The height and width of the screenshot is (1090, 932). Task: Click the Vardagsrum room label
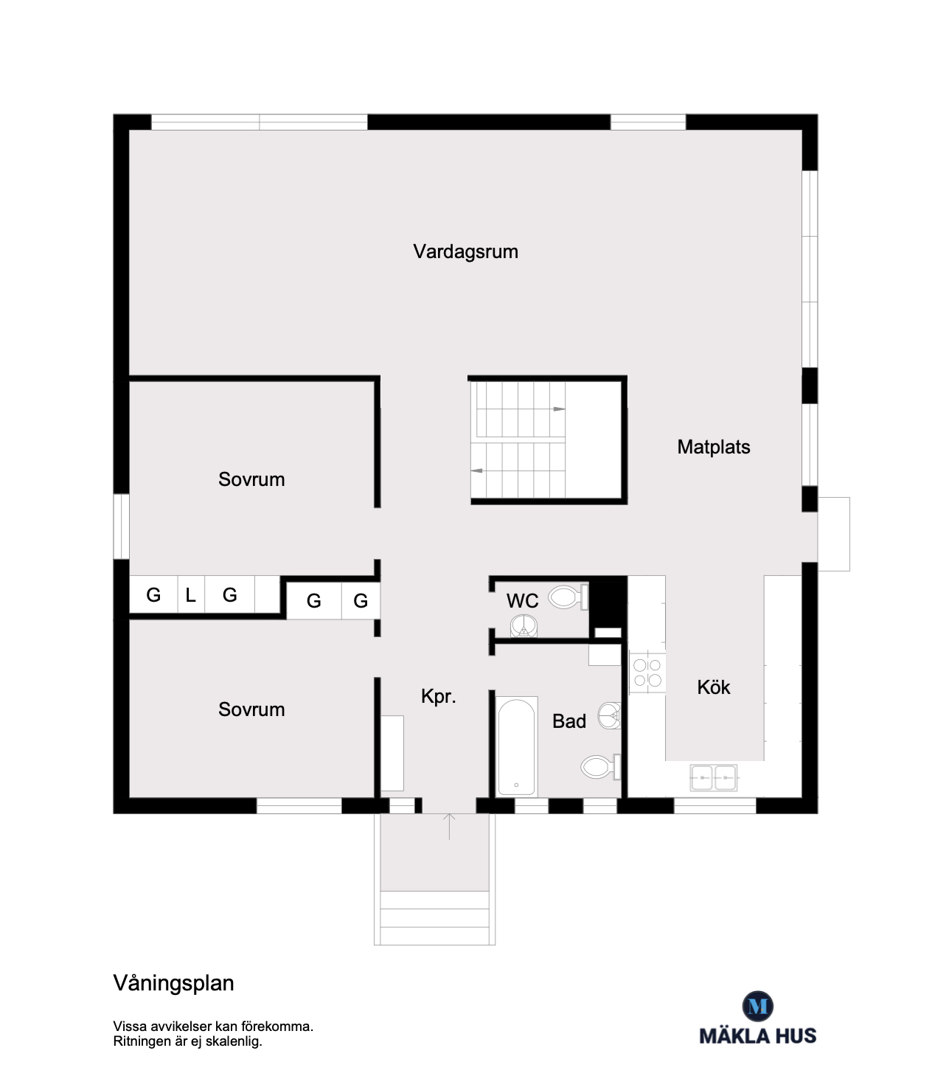(x=465, y=252)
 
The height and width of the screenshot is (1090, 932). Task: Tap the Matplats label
(x=713, y=447)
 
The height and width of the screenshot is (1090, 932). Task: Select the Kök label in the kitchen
(x=713, y=687)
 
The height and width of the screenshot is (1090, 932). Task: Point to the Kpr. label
(x=438, y=697)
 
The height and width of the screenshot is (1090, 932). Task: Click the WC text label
(x=522, y=600)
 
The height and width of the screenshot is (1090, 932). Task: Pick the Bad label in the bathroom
(x=568, y=721)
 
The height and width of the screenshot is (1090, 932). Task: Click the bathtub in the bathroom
(x=517, y=747)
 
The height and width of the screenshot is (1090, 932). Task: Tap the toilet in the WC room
(x=568, y=597)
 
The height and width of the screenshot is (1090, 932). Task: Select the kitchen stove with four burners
(x=647, y=673)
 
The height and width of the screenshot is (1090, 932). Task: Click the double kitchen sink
(x=713, y=777)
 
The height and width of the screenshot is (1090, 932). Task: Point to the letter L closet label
(x=190, y=595)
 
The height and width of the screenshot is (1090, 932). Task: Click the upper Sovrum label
(x=251, y=479)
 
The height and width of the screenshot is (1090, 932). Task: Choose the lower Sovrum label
(x=251, y=709)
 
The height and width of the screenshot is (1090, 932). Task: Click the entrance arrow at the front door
(x=448, y=826)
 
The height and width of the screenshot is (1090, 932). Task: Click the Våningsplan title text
(x=173, y=984)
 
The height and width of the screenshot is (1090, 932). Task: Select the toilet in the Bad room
(x=600, y=767)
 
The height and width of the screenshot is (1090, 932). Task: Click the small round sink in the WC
(x=524, y=627)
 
